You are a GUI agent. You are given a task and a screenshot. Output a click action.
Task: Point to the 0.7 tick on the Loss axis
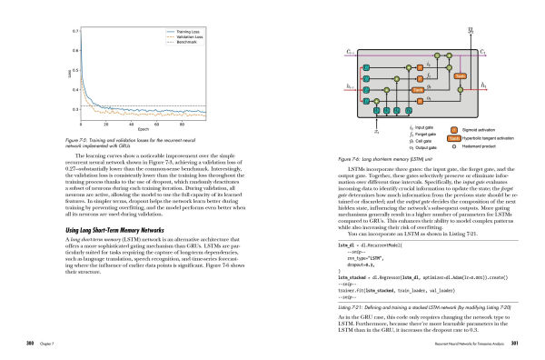pyautogui.click(x=74, y=31)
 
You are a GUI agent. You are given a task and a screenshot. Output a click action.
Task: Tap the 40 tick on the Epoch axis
pyautogui.click(x=133, y=123)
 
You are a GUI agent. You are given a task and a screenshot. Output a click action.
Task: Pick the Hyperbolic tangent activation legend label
pyautogui.click(x=500, y=137)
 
